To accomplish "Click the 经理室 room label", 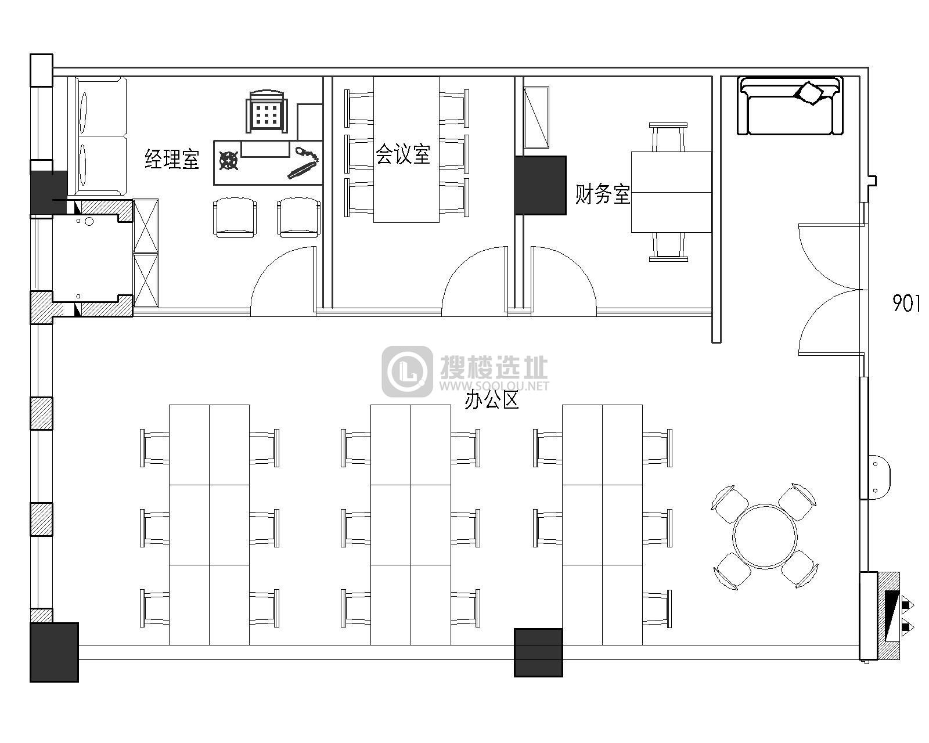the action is tap(172, 159).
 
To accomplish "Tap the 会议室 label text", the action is tap(403, 154).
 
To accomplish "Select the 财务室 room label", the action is tap(603, 194).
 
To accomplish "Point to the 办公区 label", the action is tap(492, 400).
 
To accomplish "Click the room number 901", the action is tap(906, 303).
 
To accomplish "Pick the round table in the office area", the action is tap(765, 536).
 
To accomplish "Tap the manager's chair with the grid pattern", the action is tap(267, 112).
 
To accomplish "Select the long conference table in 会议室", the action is tap(406, 150).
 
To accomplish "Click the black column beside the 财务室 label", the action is tap(540, 186).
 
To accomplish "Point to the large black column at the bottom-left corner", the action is tap(54, 652).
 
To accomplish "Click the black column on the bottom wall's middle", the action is tap(538, 652).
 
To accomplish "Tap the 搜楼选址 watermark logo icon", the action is tap(407, 371).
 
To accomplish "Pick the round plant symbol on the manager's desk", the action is tap(228, 160).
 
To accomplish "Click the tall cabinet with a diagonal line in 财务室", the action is tap(536, 117).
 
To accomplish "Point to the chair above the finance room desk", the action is tap(668, 138).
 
